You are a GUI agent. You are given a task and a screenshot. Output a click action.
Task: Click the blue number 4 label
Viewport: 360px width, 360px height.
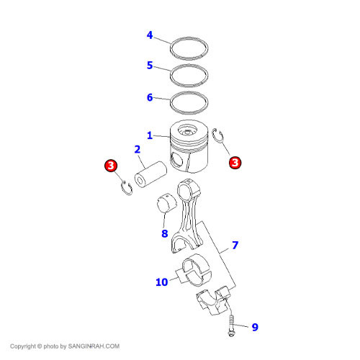[150, 35]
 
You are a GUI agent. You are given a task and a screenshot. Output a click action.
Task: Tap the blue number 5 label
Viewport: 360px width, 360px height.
[150, 65]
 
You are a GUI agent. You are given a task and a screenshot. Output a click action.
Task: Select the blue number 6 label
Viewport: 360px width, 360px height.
[150, 97]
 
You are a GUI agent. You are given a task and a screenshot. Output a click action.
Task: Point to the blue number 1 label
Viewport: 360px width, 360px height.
[150, 135]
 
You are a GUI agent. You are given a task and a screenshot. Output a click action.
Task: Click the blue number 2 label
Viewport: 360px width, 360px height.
[138, 149]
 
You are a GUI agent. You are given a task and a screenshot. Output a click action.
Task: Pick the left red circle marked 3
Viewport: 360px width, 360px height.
[111, 166]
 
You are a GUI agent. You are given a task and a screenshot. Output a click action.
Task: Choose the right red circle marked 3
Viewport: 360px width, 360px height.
[235, 163]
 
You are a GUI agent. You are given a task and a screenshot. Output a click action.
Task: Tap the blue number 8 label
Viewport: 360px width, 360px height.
[165, 233]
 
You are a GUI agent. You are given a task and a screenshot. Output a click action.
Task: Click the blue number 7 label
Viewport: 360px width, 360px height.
[235, 245]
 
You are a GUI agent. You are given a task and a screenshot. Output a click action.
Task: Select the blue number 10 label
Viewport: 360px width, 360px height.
[162, 282]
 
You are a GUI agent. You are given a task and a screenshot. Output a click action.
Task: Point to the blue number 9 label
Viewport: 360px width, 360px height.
[255, 327]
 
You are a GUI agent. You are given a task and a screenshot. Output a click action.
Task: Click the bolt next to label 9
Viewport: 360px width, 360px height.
[231, 326]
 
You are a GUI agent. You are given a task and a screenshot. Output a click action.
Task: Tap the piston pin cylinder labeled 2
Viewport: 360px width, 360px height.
[150, 174]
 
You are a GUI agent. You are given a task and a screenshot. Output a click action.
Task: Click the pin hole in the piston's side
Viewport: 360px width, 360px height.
[176, 160]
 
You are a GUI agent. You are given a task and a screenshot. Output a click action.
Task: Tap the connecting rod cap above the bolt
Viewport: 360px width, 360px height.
[213, 300]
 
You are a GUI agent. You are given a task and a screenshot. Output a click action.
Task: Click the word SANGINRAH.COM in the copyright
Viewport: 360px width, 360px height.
[94, 346]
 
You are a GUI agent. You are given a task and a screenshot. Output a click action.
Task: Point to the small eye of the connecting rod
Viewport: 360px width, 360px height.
[188, 189]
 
